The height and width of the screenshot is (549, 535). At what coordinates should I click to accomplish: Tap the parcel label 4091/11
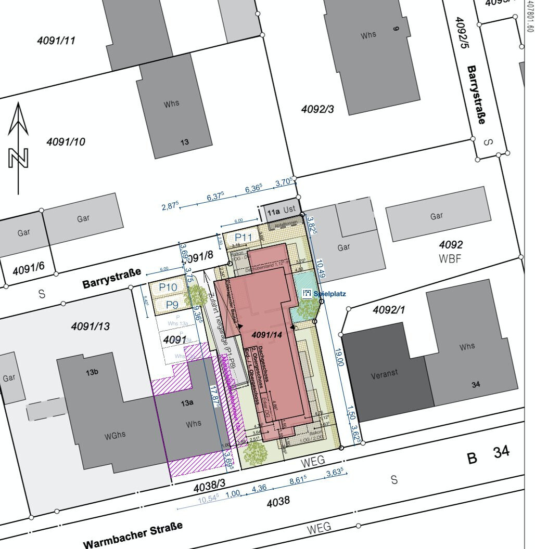pos(56,40)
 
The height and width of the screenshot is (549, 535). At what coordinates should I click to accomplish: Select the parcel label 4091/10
pos(66,141)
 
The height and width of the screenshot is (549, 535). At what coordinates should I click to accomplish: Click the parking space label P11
pos(243,237)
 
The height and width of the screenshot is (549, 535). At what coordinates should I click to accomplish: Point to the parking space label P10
pos(168,287)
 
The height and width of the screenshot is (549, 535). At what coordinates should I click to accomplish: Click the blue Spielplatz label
pos(329,294)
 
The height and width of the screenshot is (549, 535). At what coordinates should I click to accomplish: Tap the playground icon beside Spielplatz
pos(307,293)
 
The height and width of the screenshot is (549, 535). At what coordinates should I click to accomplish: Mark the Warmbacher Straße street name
pos(133,534)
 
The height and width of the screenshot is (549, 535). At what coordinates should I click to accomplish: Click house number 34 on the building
pos(475,385)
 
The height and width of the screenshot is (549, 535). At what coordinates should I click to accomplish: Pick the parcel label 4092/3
pos(317,109)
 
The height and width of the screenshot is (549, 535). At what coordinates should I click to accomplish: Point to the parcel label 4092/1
pos(389,310)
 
